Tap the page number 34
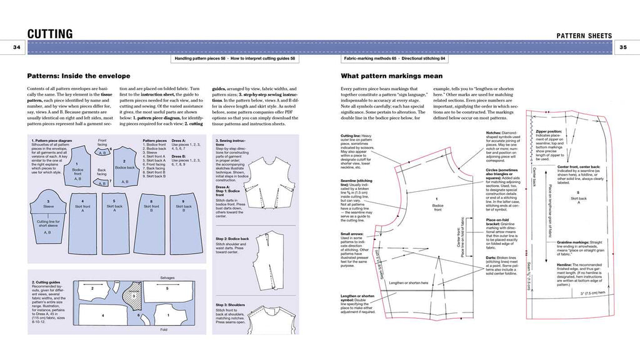(14, 47)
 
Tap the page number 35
(625, 47)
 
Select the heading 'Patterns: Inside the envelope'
(74, 74)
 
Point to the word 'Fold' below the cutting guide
(164, 329)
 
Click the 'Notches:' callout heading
(496, 133)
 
